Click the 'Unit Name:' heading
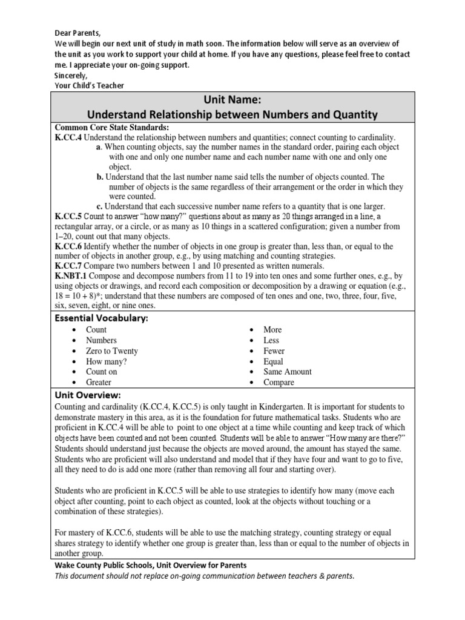(x=232, y=99)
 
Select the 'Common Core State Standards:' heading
(x=112, y=127)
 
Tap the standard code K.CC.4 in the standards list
(x=68, y=137)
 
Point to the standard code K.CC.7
(x=68, y=266)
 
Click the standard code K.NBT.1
(x=71, y=276)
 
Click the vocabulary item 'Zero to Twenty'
(x=112, y=351)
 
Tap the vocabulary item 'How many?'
(x=106, y=361)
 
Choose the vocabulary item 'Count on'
(x=102, y=372)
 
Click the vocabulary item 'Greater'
(x=99, y=383)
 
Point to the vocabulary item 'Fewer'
(x=274, y=351)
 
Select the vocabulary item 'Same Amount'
(x=288, y=372)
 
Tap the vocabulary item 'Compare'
(x=279, y=383)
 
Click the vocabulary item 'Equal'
(x=273, y=361)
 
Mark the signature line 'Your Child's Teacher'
(x=89, y=85)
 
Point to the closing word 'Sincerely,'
(x=71, y=75)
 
